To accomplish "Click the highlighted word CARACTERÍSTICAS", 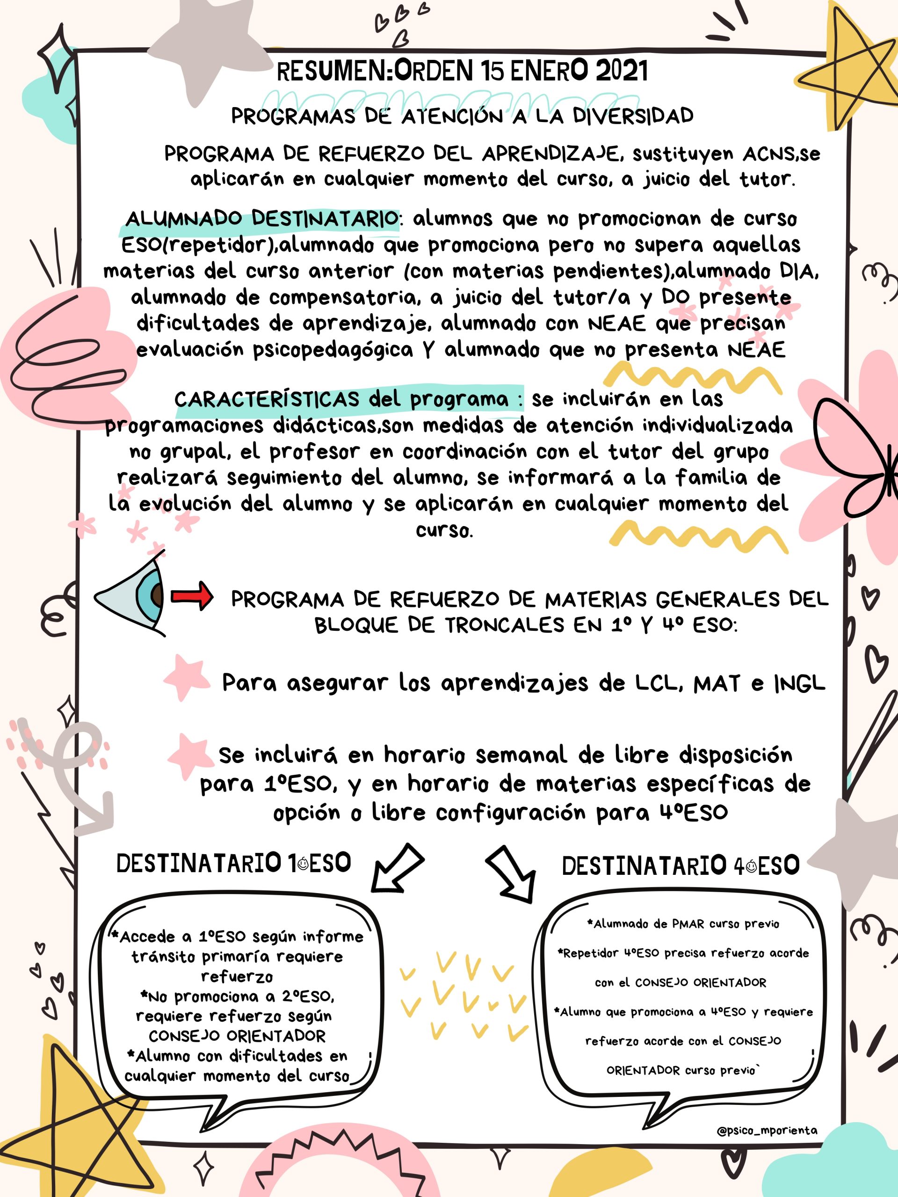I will coord(267,400).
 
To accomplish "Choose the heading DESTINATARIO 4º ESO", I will coord(681,866).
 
